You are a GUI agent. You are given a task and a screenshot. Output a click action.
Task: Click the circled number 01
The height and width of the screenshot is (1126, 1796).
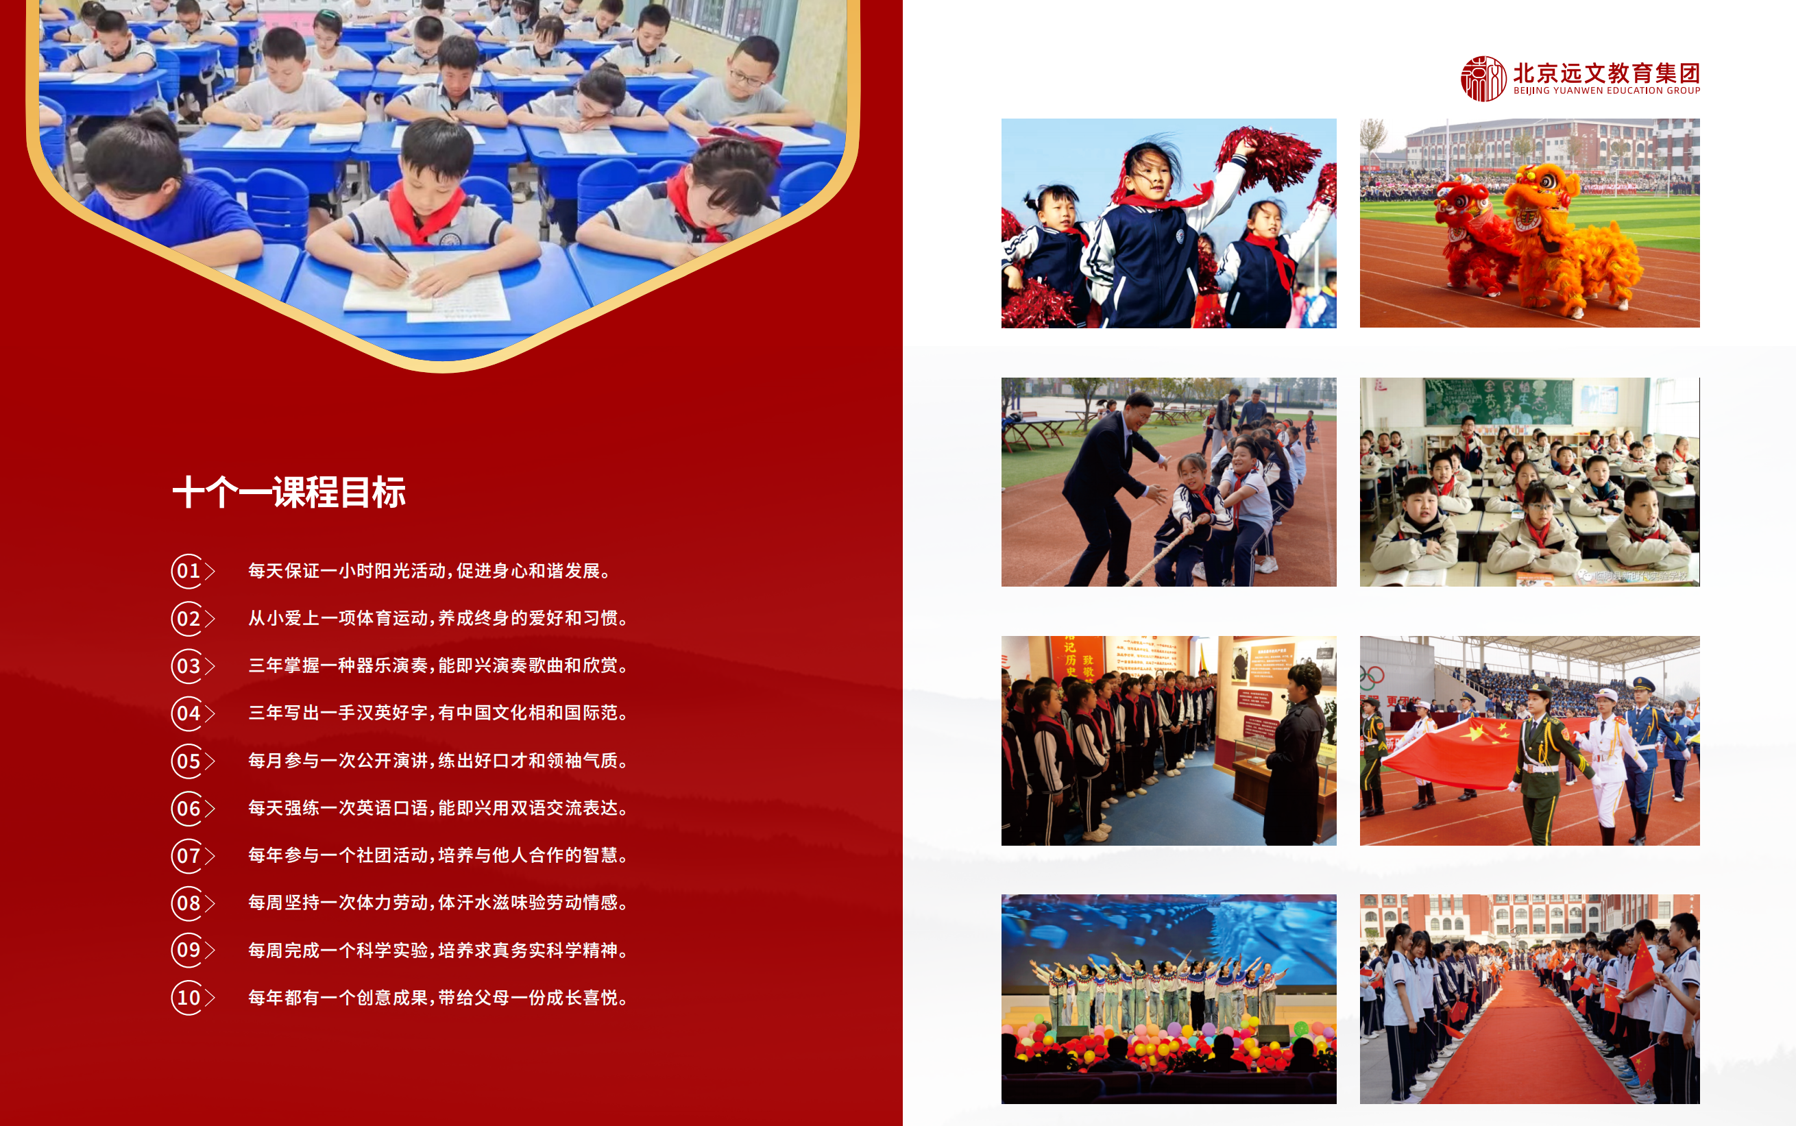click(x=188, y=571)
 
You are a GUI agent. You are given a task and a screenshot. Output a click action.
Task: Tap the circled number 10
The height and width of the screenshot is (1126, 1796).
click(x=188, y=998)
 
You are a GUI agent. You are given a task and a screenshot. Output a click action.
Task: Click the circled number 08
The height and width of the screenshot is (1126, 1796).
click(x=188, y=903)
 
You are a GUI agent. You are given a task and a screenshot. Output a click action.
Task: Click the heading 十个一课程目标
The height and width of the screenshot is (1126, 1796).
click(x=289, y=492)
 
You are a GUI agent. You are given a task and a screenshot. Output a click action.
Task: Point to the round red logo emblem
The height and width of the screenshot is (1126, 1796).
click(x=1483, y=78)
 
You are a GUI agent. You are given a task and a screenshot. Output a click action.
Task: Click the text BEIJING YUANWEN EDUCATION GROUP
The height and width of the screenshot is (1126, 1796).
click(x=1607, y=91)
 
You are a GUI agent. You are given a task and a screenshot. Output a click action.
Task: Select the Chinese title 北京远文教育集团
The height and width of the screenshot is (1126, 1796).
click(x=1607, y=73)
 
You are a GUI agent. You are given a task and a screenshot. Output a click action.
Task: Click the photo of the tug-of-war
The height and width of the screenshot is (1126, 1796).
click(x=1168, y=482)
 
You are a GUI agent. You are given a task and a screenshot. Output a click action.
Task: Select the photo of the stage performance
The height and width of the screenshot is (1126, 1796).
click(x=1168, y=999)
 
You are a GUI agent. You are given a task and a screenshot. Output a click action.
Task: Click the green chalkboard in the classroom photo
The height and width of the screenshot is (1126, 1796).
click(x=1498, y=402)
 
